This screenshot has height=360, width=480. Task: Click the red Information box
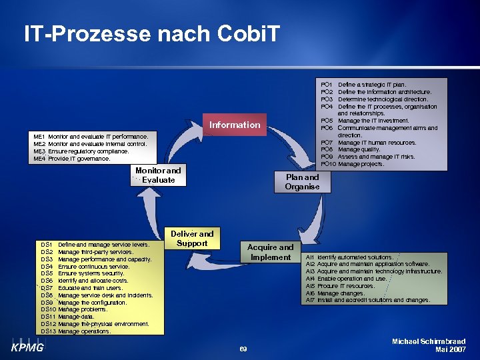[235, 125]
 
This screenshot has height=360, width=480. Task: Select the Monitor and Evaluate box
[158, 175]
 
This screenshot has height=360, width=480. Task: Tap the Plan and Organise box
[302, 182]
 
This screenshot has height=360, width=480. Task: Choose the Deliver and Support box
[192, 239]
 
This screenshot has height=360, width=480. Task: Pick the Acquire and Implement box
[270, 252]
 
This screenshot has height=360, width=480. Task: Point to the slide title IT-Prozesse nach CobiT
[152, 33]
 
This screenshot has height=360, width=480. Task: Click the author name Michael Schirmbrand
[429, 341]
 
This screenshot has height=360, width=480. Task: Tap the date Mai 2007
[450, 349]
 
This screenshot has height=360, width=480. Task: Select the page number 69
[243, 349]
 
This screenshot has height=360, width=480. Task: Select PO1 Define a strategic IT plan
[373, 85]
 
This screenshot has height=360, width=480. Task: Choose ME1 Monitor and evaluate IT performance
[90, 136]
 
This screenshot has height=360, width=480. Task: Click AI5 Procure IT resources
[341, 286]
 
